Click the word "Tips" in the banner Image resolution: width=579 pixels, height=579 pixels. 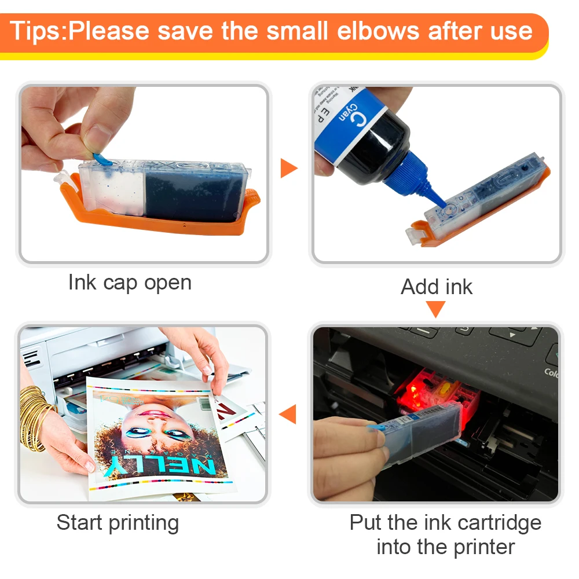pos(36,31)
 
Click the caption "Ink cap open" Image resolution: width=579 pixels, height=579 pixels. pos(130,283)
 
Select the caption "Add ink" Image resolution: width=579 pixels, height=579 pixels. pos(437,287)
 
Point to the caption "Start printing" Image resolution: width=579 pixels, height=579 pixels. pos(118,523)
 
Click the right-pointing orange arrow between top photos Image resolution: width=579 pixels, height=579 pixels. pos(288,168)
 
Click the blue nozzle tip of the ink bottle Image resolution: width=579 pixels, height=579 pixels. pos(437,201)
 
